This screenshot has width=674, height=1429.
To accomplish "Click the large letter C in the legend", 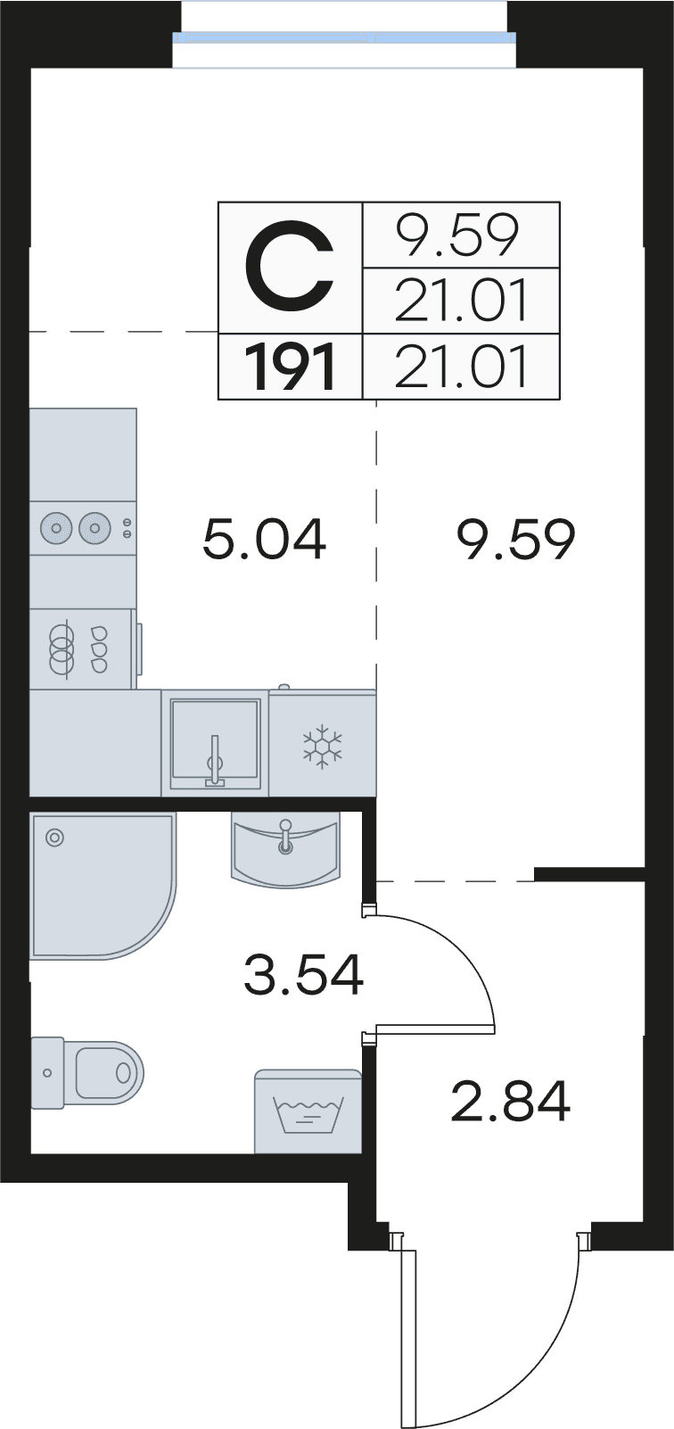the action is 290,266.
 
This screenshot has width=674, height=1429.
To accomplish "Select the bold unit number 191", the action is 290,368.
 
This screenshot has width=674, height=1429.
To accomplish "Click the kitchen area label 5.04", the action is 264,539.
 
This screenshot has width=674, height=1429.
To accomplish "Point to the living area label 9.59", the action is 516,540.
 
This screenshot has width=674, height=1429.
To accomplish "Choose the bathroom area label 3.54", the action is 303,974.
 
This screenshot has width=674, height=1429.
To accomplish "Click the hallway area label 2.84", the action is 510,1101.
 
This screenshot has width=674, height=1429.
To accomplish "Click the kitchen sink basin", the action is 215,742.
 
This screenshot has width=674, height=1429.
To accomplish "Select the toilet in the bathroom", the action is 87,1072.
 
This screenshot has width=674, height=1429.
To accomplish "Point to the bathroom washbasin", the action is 285,850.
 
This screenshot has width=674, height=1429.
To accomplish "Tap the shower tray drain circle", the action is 55,838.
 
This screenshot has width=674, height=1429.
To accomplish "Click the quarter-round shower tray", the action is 102,886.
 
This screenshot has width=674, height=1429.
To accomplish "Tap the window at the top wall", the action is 344,37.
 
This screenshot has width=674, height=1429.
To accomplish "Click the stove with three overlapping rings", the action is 82,648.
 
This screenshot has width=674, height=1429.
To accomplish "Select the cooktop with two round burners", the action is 83,527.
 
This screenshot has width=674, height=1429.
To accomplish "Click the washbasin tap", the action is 285,837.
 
